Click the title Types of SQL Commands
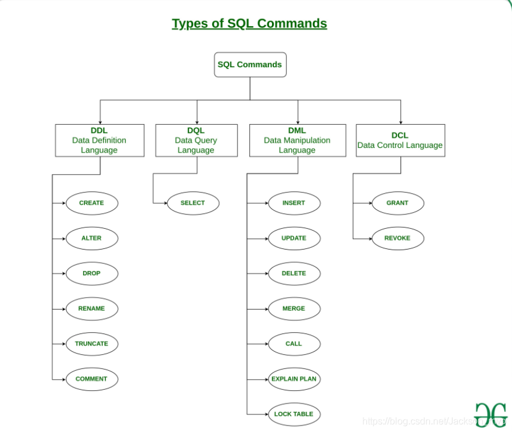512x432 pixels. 249,24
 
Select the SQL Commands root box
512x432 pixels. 250,65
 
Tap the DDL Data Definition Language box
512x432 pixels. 100,140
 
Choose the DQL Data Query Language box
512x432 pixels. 196,140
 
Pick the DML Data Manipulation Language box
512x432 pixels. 298,140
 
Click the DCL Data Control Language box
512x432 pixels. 400,140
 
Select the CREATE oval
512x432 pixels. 91,203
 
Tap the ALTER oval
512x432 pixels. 91,238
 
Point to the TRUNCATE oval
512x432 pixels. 91,344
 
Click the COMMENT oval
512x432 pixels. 91,379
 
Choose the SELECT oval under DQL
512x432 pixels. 192,203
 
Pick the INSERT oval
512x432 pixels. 294,203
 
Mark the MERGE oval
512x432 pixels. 294,309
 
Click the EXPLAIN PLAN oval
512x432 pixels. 294,379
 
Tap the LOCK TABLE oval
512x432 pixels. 294,414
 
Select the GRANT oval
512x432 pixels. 397,203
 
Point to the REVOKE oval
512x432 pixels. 397,238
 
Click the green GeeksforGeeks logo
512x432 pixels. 491,414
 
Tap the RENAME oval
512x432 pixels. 91,309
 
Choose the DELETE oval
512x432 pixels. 294,273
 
